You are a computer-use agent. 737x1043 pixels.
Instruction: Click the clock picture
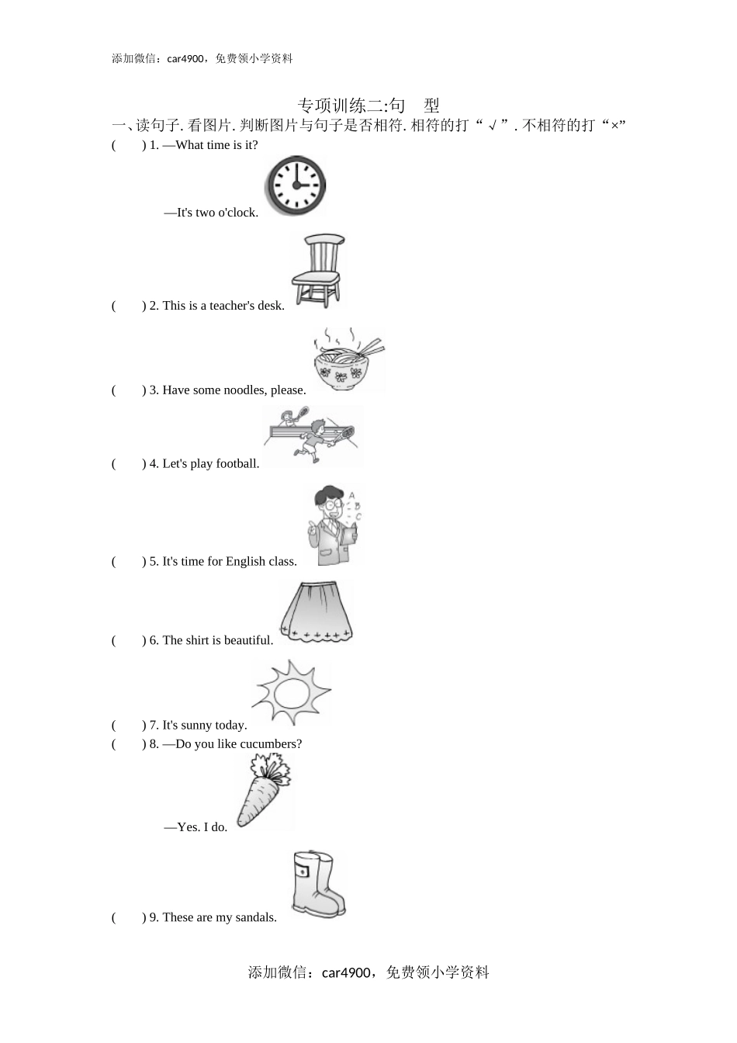[x=295, y=185]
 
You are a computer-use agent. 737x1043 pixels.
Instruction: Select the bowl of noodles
[x=348, y=360]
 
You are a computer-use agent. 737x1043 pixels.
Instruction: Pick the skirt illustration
[x=317, y=612]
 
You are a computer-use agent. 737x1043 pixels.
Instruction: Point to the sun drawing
[x=292, y=692]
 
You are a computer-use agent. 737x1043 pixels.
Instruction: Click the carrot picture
[x=264, y=791]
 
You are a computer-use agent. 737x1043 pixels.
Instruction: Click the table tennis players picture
[x=313, y=436]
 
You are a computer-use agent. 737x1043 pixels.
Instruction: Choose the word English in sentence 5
[x=244, y=561]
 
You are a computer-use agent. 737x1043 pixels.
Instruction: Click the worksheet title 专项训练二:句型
[x=368, y=106]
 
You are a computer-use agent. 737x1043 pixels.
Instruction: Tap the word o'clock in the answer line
[x=237, y=213]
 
